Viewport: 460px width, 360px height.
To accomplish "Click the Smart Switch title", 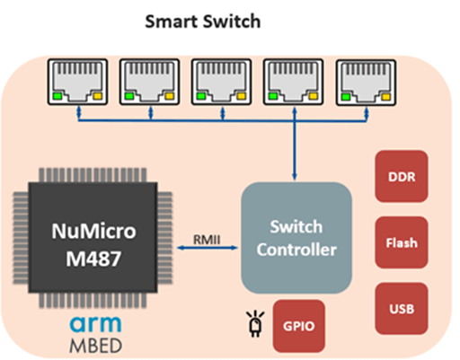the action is click(203, 22).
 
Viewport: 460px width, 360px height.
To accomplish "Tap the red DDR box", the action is click(402, 176).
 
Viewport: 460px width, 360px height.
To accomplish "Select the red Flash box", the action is click(402, 242).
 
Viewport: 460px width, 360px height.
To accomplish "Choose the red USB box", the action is click(402, 309).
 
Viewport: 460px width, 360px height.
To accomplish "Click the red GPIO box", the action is click(299, 326).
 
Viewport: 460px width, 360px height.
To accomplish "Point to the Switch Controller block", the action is click(296, 238).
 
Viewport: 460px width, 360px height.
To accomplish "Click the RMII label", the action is click(207, 240).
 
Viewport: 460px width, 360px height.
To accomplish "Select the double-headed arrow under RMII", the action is click(208, 248).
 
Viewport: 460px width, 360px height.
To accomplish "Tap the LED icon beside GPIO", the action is click(255, 324).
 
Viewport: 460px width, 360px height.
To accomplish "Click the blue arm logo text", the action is click(95, 324).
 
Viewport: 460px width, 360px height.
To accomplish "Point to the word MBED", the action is click(95, 346).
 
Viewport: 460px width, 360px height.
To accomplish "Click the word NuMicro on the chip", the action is click(93, 231).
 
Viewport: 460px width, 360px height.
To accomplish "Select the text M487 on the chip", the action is click(93, 259).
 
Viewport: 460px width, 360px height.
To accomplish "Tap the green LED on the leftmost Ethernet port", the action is click(57, 96).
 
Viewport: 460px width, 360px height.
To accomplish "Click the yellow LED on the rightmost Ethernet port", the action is click(385, 97).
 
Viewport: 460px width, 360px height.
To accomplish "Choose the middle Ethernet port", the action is click(221, 82).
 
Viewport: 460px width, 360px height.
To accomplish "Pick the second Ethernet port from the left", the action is click(149, 82).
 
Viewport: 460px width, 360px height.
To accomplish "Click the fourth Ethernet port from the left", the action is click(293, 82).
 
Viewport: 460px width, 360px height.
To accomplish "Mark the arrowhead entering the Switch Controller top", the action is click(295, 177).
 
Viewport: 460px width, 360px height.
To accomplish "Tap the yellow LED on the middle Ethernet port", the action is click(242, 96).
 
